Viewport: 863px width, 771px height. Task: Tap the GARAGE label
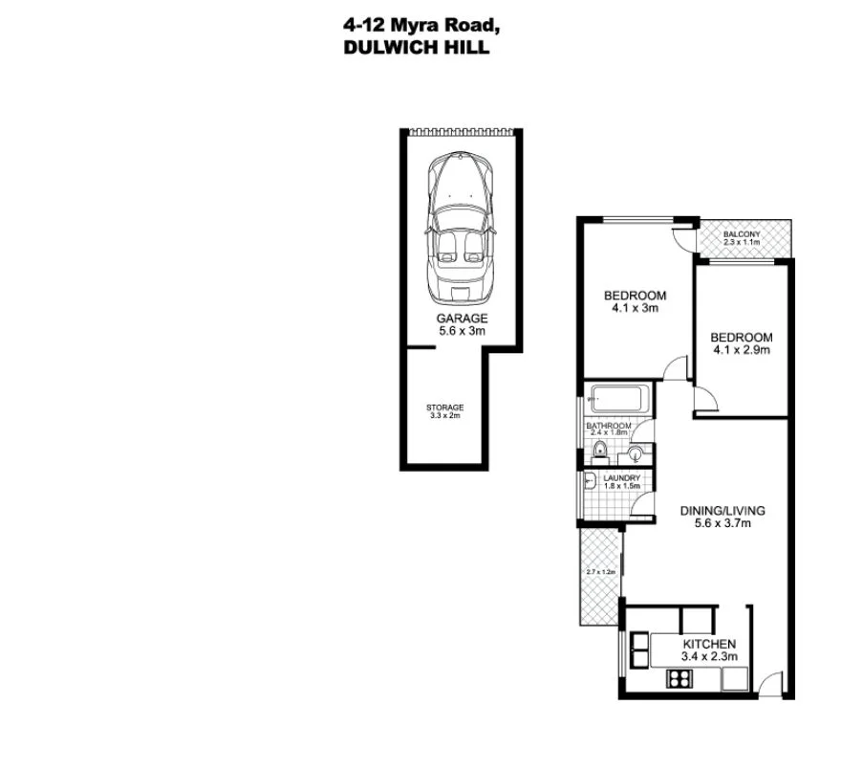tap(462, 319)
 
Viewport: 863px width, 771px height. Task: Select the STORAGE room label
tap(444, 408)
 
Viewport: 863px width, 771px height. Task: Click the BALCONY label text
tap(742, 234)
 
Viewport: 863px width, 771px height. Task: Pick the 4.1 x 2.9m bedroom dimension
tap(741, 350)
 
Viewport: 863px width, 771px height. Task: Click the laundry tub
tap(590, 481)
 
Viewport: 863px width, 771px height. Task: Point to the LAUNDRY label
tap(621, 478)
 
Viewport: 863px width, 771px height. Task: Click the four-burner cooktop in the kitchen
tap(680, 679)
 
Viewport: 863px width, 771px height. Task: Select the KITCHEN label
tap(708, 644)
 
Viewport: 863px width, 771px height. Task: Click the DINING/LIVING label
tap(722, 511)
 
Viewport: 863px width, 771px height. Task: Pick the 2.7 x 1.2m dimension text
tap(600, 572)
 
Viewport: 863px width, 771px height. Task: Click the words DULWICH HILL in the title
tap(416, 47)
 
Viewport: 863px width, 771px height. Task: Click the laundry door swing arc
tap(643, 507)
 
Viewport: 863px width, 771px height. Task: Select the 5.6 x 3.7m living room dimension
tap(722, 524)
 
